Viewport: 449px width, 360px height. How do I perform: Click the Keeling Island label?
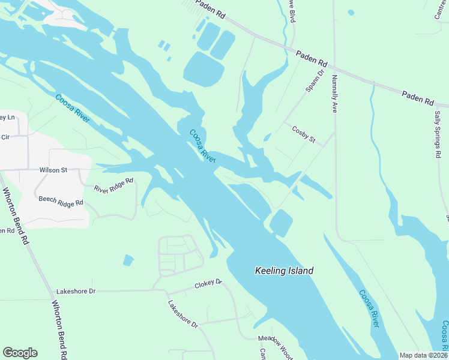coord(284,271)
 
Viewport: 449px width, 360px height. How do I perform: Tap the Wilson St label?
coord(53,170)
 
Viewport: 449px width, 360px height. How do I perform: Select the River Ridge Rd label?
coord(113,189)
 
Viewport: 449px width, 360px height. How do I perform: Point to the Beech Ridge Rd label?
coord(61,202)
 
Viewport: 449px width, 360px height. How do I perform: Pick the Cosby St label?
coord(303,134)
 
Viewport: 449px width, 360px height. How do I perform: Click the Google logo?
coord(20,353)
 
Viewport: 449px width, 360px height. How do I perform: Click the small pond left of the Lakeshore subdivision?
coord(128,260)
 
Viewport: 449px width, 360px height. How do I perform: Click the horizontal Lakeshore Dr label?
coord(76,292)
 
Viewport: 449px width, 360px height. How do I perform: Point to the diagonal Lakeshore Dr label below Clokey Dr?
coord(182,314)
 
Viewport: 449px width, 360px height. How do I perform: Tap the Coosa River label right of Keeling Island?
coord(369,308)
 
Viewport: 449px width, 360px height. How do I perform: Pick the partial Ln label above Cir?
coord(7,116)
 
